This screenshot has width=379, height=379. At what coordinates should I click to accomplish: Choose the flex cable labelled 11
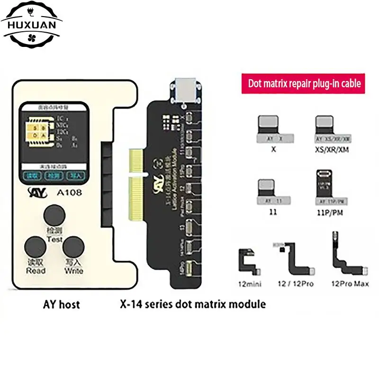tap(268, 192)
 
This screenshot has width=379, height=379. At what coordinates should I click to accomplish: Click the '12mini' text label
tap(251, 284)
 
